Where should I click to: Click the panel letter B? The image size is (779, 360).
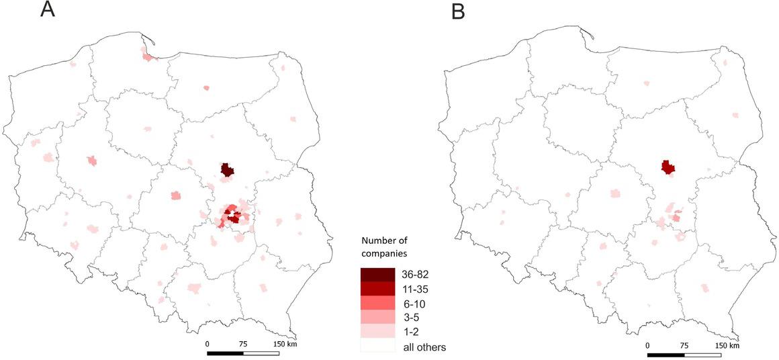(x=458, y=11)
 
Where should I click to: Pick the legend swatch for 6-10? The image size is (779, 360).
(x=377, y=304)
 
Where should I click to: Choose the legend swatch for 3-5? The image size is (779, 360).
(x=377, y=318)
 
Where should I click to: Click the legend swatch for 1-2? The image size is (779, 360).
(x=377, y=332)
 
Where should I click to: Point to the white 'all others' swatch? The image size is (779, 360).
(x=377, y=347)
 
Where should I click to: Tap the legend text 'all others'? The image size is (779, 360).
(x=424, y=347)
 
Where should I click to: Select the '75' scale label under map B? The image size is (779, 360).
(x=684, y=346)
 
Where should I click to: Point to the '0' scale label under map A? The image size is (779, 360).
(x=208, y=344)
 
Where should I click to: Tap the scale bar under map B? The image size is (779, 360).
(x=684, y=355)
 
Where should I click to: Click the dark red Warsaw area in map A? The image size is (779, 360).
(x=228, y=170)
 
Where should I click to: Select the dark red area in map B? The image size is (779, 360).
(x=668, y=167)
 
